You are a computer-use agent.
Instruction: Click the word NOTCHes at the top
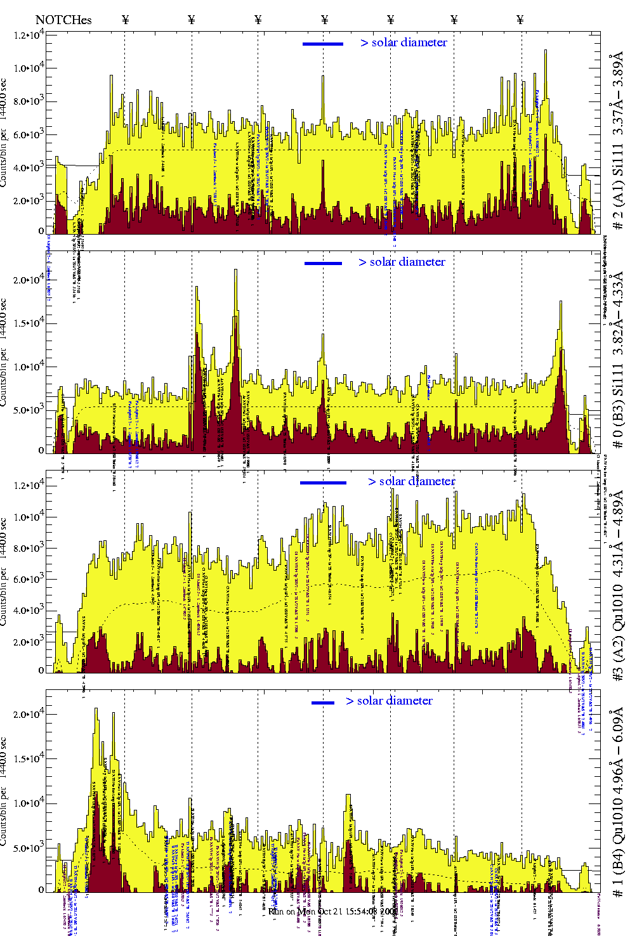63,20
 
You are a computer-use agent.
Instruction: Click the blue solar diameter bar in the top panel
323,44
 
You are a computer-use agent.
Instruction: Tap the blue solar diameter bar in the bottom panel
323,703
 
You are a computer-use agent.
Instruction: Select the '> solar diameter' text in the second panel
402,262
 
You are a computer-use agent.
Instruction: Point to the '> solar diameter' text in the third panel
411,481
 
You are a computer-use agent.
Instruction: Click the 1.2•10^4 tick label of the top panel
29,35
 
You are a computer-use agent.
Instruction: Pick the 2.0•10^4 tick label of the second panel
29,280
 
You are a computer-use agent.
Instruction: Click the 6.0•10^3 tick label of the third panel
29,579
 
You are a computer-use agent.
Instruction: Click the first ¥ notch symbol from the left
125,20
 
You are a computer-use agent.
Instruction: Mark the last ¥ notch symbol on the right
520,20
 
